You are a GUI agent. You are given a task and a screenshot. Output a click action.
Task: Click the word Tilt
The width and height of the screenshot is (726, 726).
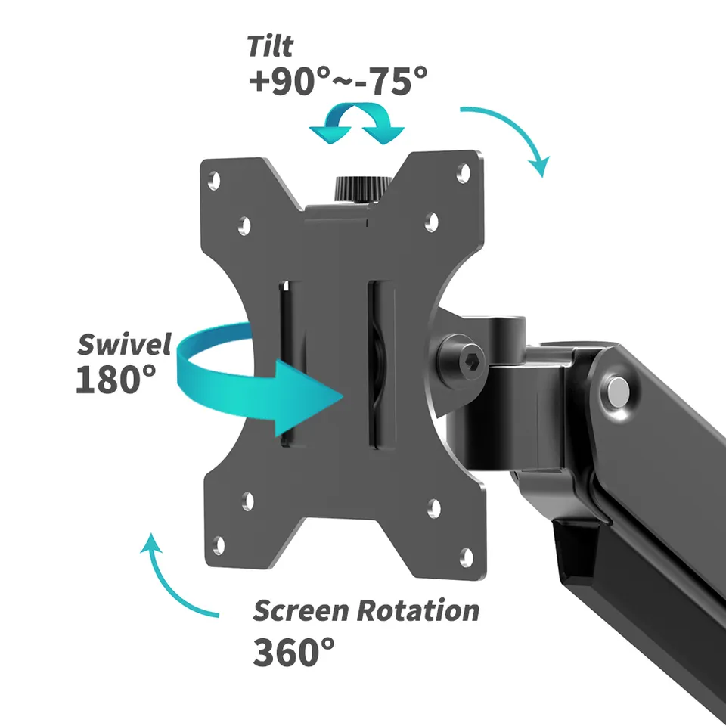click(x=270, y=46)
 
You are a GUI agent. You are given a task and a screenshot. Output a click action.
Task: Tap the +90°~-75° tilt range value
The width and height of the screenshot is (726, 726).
click(x=338, y=81)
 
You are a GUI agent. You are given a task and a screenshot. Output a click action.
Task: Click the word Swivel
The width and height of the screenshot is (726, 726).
click(x=125, y=344)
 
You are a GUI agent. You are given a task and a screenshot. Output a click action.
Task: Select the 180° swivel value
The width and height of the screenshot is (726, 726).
click(x=116, y=379)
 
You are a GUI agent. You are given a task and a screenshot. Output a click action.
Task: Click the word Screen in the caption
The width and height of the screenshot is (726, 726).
click(x=300, y=610)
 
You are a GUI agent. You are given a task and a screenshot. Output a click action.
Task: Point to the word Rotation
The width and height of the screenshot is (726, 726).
click(x=418, y=610)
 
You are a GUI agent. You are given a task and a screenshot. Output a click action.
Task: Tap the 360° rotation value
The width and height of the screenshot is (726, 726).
click(x=293, y=652)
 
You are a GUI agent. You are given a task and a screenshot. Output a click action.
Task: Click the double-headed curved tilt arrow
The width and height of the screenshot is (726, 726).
click(x=356, y=123)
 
